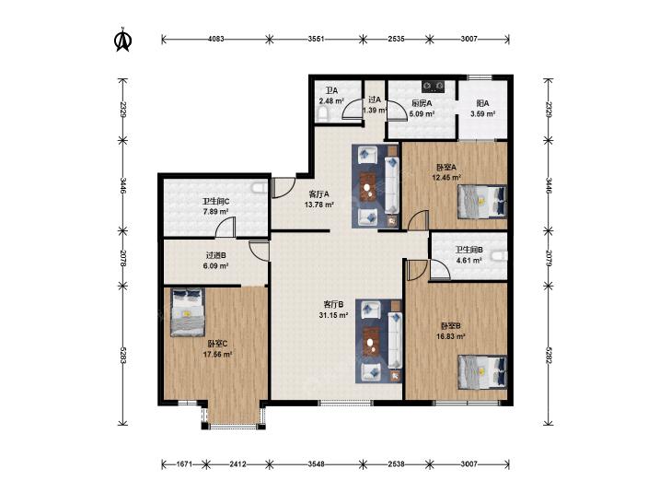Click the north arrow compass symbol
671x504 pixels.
122,40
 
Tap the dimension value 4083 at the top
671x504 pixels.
216,39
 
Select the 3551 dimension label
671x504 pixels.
316,39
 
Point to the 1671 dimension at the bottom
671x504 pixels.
184,463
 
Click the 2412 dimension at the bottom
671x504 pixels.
237,463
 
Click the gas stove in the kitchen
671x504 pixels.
434,87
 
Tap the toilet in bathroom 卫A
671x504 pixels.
323,114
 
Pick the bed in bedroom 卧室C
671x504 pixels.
188,312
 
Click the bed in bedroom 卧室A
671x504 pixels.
482,202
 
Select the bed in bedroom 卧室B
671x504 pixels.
482,371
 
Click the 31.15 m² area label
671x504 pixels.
333,315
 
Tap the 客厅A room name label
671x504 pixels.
318,194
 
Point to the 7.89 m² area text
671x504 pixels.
215,212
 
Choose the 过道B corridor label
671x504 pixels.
215,255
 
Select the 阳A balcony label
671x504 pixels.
482,103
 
